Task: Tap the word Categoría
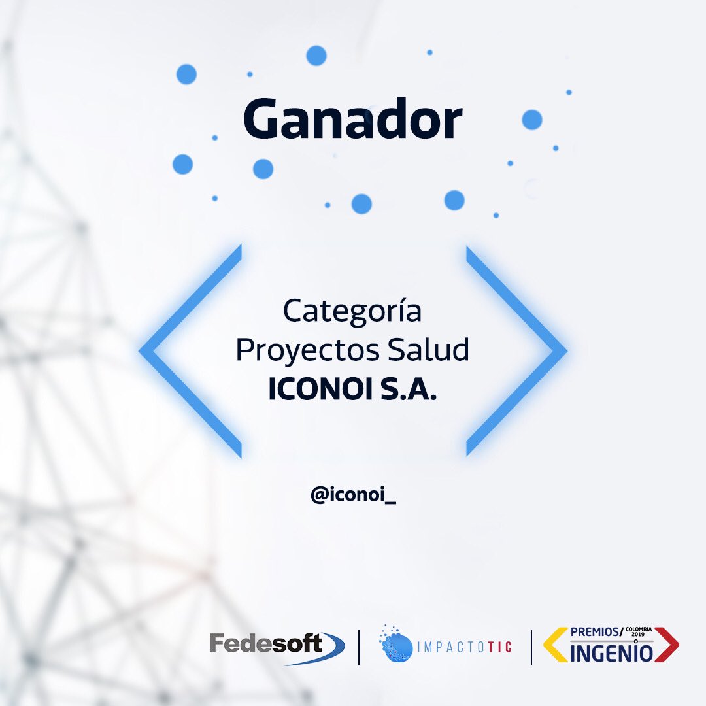[352, 312]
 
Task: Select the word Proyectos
[308, 350]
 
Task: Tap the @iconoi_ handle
[354, 496]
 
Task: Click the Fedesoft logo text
[266, 644]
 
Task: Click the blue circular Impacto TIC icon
[397, 647]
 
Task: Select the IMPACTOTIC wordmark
[464, 648]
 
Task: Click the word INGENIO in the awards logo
[611, 652]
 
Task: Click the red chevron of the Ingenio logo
[667, 645]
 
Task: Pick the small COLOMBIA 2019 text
[639, 631]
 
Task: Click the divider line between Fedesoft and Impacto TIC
[359, 648]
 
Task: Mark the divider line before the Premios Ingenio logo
[531, 648]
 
